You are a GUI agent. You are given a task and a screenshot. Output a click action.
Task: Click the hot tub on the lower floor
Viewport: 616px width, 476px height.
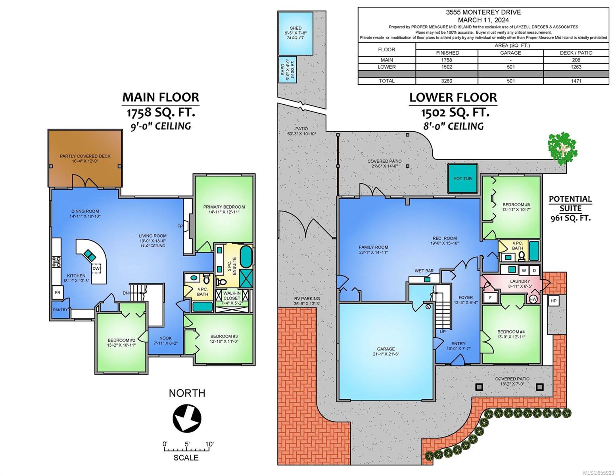(x=462, y=178)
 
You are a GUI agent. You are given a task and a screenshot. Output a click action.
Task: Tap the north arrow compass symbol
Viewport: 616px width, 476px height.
(x=187, y=418)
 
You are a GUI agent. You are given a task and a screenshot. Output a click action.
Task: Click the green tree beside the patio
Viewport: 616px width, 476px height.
(x=562, y=150)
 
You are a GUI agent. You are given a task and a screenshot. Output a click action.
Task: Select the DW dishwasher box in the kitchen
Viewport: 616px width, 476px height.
(x=96, y=268)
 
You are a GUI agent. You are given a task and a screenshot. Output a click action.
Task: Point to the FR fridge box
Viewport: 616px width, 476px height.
(x=58, y=292)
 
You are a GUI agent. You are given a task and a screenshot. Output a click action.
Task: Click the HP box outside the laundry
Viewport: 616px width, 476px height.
(x=553, y=301)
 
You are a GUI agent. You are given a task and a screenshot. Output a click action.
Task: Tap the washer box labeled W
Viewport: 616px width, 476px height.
(x=524, y=271)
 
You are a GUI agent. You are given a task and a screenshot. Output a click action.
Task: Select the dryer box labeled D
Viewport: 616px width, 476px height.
(x=534, y=271)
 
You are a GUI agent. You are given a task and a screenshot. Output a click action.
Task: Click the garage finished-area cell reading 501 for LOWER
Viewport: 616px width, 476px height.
(x=510, y=67)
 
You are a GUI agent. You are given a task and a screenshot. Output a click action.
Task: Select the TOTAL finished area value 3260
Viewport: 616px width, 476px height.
(x=447, y=81)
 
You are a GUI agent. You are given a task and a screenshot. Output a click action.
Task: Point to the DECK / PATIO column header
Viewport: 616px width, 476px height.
(x=576, y=53)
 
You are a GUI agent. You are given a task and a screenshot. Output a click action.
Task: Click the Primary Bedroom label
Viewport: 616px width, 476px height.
(x=224, y=207)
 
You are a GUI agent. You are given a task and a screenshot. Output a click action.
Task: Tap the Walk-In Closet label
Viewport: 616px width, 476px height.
(x=232, y=296)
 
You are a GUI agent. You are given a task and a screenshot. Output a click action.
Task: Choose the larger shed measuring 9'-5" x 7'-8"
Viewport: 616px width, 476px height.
(x=296, y=33)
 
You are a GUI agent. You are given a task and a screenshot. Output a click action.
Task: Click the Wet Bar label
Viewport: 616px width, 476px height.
(x=424, y=271)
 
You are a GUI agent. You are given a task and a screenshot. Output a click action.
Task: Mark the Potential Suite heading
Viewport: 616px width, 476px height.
(x=570, y=203)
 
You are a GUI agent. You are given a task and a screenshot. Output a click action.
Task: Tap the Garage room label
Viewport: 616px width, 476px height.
(x=386, y=349)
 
